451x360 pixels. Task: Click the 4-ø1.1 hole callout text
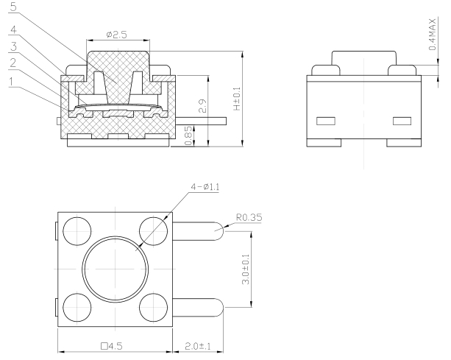click(x=209, y=187)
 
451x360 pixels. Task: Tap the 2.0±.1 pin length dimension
click(x=198, y=343)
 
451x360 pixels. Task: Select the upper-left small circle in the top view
click(x=75, y=230)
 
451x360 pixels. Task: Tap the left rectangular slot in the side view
click(x=324, y=120)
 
